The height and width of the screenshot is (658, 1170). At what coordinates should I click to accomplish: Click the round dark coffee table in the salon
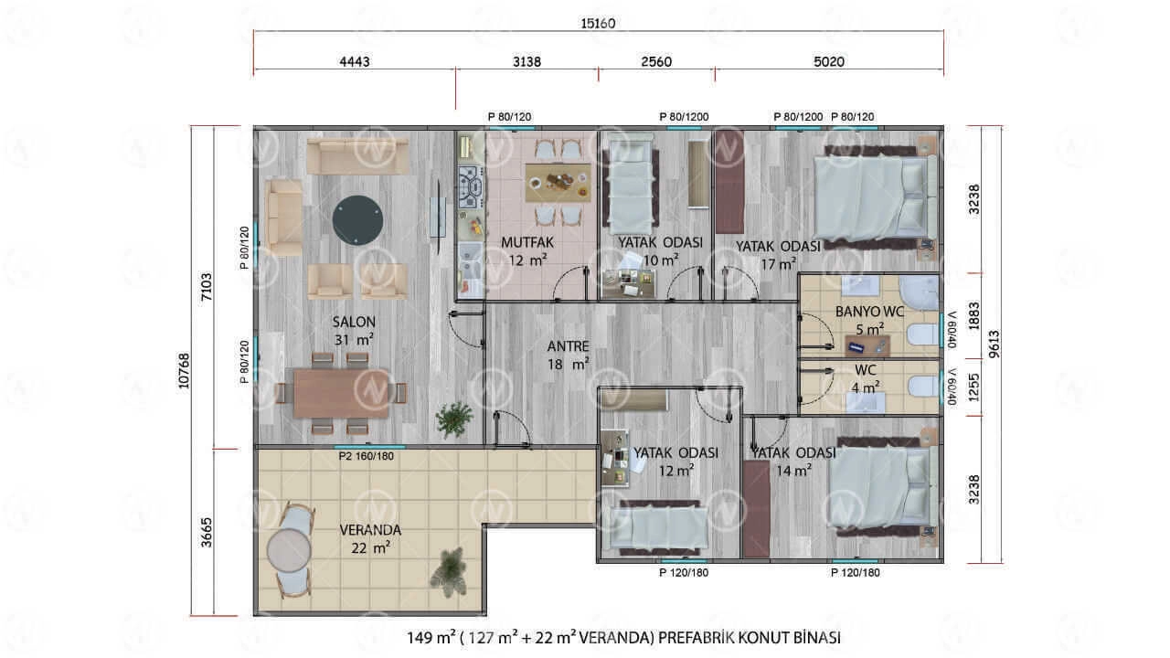[x=357, y=220]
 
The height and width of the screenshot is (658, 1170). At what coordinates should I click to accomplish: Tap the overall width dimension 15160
[x=598, y=24]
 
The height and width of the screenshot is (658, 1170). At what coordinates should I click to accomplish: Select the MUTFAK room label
[x=527, y=242]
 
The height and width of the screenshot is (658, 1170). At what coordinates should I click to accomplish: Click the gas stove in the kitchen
[x=471, y=186]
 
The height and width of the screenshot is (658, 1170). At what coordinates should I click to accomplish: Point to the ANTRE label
[x=568, y=346]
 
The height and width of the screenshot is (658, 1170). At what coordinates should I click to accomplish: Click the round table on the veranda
[x=289, y=550]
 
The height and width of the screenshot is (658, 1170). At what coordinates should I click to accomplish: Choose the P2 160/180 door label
[x=367, y=456]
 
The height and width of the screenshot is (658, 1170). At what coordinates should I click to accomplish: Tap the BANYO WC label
[x=869, y=312]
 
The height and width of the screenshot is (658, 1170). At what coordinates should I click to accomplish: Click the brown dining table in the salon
[x=341, y=394]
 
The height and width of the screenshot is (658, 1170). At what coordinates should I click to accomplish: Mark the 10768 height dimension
[x=184, y=371]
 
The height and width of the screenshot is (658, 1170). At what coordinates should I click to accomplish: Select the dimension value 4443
[x=355, y=61]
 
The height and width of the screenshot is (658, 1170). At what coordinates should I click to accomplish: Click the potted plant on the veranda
[x=448, y=571]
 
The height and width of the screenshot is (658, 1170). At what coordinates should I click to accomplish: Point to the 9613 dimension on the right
[x=994, y=344]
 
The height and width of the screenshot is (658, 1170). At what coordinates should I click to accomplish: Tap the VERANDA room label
[x=370, y=530]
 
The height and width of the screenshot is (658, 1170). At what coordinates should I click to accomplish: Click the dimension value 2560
[x=656, y=61]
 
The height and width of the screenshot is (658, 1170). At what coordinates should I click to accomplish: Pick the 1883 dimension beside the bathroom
[x=973, y=315]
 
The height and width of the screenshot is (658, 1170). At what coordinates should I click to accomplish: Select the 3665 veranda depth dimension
[x=207, y=532]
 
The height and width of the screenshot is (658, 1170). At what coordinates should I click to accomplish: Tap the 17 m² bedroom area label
[x=778, y=264]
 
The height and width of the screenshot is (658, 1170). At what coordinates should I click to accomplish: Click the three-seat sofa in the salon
[x=357, y=155]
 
